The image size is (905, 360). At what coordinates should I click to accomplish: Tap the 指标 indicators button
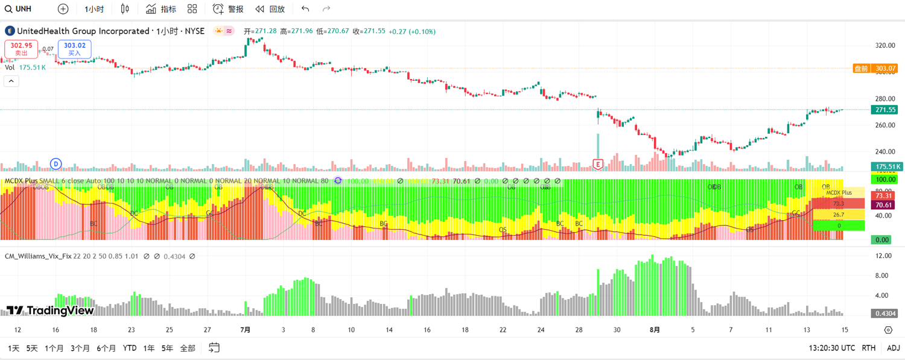click(x=161, y=9)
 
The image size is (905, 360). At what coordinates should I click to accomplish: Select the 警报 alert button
click(x=228, y=9)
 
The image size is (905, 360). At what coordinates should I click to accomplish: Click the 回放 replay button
click(x=270, y=9)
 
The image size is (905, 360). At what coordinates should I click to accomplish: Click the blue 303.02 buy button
click(x=74, y=49)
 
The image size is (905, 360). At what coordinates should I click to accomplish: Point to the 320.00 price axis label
click(x=885, y=45)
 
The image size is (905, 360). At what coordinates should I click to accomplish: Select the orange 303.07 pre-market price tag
click(x=875, y=69)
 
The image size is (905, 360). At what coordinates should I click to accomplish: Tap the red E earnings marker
click(x=598, y=164)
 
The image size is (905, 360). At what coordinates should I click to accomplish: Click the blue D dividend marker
click(x=56, y=164)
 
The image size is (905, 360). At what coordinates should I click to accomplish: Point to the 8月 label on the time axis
click(x=655, y=330)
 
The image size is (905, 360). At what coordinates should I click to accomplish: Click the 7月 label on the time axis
click(x=245, y=330)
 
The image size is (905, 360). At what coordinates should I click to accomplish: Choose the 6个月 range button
click(x=106, y=348)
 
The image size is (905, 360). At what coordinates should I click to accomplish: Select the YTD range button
click(x=129, y=348)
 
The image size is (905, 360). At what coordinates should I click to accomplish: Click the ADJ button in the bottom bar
click(x=893, y=348)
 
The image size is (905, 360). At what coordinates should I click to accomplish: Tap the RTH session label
click(x=868, y=348)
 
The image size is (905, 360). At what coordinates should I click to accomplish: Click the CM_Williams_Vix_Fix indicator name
click(x=38, y=256)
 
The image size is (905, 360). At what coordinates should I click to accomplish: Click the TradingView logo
click(x=50, y=311)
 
